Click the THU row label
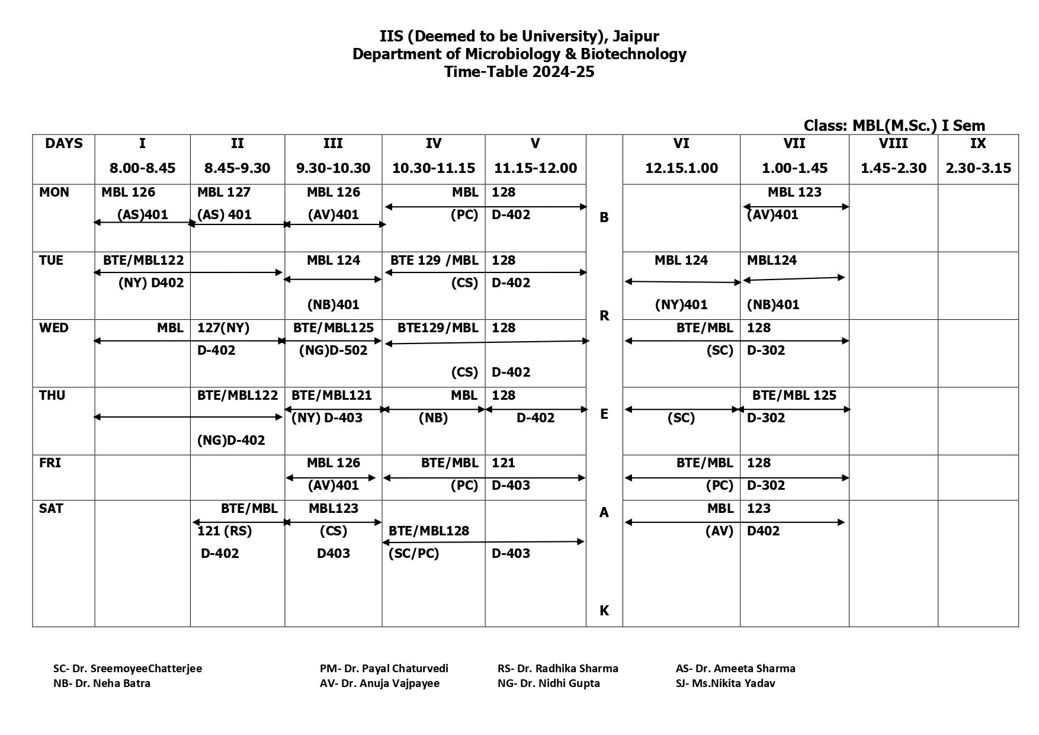coord(52,396)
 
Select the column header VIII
coord(893,144)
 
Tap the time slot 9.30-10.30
coord(333,168)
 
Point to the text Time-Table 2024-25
coord(519,72)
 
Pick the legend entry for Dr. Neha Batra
coord(102,683)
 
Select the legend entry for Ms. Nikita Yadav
coord(725,683)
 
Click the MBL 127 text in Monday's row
coord(224,192)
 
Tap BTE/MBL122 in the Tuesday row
coord(143,261)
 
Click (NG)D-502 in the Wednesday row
coord(333,351)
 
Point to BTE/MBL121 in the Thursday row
coord(332,396)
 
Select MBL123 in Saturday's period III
coord(333,509)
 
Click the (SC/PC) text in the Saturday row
coord(413,554)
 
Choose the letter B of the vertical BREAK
coord(604,218)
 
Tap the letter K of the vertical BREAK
coord(604,611)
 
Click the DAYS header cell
coord(64,144)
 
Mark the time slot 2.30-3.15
coord(978,168)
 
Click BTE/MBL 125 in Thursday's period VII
coord(794,396)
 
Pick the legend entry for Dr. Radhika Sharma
coord(557,669)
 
